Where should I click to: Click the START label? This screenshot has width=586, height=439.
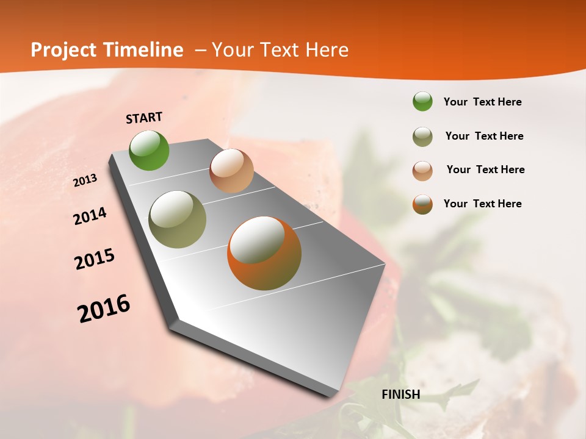(x=144, y=118)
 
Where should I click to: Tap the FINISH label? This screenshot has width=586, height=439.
(x=400, y=394)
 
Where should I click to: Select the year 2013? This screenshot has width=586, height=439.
(x=85, y=180)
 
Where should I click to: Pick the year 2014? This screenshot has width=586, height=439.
(x=90, y=216)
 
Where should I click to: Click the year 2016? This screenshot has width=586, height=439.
(x=104, y=309)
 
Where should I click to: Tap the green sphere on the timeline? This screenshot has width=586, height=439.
(x=149, y=150)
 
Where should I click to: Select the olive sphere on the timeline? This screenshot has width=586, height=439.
(x=177, y=220)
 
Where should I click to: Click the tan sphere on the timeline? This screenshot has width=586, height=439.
(x=231, y=171)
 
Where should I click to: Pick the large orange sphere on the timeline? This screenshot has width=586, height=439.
(x=264, y=253)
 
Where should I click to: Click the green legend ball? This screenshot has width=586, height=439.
(x=422, y=102)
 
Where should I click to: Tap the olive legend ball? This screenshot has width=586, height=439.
(x=422, y=136)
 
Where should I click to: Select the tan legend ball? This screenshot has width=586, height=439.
(x=422, y=170)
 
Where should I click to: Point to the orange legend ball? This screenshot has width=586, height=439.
(x=422, y=204)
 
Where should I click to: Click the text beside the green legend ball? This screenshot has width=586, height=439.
(x=482, y=102)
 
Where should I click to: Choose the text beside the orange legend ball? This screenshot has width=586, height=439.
(x=482, y=204)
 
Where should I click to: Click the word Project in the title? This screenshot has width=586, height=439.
(x=63, y=50)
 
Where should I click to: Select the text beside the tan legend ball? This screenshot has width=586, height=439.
(x=485, y=170)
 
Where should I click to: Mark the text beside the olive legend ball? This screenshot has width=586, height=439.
(x=484, y=136)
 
